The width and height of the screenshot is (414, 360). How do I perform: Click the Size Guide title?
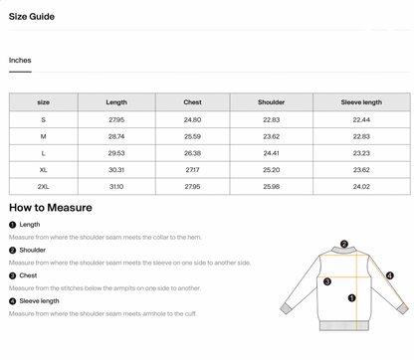coord(32,17)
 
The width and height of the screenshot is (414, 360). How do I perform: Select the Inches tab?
coord(20,61)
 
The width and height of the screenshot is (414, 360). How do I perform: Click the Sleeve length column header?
coord(361,102)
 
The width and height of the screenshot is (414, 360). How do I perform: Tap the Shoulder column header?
coord(271,102)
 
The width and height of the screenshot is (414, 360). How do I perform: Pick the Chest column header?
coord(192,102)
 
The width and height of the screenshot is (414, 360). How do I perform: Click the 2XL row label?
coord(44,186)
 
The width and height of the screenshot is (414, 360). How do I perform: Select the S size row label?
coord(44,119)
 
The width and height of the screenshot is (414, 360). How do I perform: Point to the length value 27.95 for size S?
coord(116,119)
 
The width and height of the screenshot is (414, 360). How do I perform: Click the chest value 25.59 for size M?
coord(192,136)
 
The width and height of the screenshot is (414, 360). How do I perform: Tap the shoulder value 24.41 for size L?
coord(271,153)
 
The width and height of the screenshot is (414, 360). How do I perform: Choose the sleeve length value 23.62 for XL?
coord(361,170)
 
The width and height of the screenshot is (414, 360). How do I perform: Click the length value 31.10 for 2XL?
coord(116,186)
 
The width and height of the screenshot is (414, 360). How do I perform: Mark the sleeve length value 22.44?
coord(361,119)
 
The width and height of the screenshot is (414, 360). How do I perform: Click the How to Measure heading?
coord(51,208)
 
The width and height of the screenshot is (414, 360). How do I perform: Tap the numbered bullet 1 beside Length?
coord(12,225)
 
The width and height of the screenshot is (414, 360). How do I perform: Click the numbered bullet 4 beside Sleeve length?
coord(12,300)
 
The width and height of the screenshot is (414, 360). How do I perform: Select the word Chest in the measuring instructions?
coord(29,275)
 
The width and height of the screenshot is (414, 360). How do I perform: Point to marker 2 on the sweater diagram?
coord(344,244)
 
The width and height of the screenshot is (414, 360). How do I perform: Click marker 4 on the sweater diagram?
coord(390,275)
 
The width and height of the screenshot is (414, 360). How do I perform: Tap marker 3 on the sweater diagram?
coord(327,281)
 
